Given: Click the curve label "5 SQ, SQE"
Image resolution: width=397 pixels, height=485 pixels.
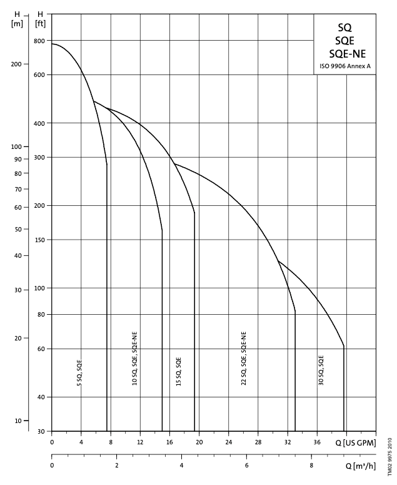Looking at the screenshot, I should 79,372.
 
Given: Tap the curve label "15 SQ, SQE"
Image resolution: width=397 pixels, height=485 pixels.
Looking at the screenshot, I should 179,370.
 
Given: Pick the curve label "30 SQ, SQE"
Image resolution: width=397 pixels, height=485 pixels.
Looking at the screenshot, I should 321,369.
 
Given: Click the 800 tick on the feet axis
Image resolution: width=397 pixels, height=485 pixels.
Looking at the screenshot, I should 39,41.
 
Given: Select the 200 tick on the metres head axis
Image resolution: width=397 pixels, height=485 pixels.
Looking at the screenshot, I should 18,64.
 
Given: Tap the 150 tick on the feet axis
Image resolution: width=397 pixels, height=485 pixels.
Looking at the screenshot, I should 39,240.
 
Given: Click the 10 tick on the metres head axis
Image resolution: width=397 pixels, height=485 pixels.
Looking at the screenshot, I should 18,421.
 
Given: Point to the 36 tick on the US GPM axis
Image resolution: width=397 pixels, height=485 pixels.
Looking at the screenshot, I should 317,442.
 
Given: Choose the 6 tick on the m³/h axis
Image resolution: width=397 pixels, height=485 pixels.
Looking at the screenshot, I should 246,465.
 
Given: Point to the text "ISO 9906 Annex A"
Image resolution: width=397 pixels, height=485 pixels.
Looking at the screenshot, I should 344,66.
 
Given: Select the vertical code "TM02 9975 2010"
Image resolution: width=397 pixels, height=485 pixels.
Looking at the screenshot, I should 388,457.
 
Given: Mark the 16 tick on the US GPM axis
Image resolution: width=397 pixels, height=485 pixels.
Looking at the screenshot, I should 169,442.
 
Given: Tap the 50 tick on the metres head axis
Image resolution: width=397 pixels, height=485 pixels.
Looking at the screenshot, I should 18,229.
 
